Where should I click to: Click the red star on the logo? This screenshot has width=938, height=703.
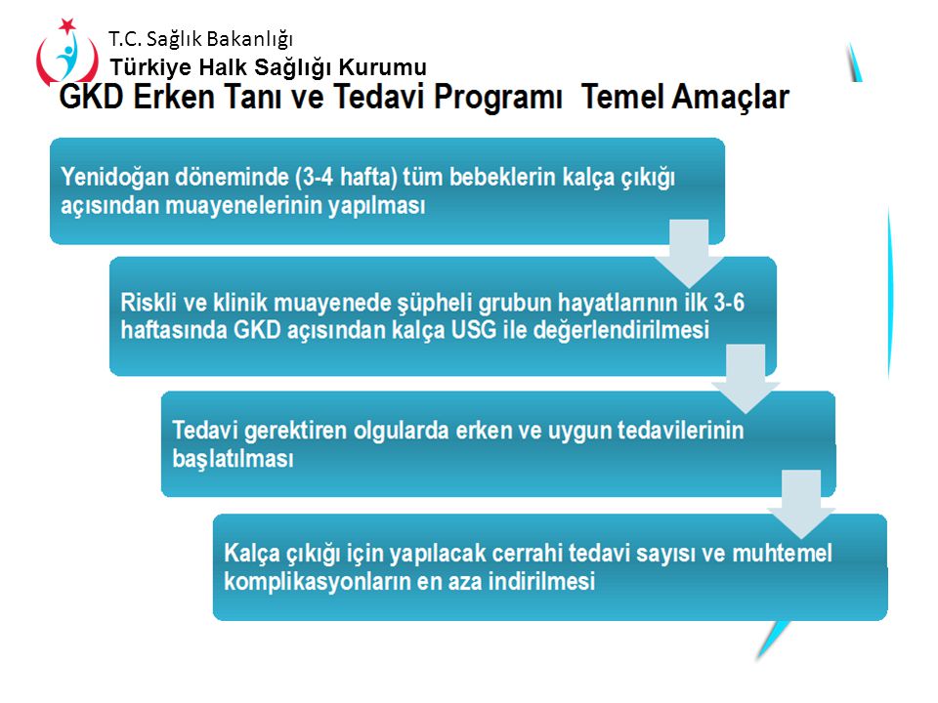pyautogui.click(x=67, y=25)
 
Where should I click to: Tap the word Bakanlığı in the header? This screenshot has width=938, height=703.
pyautogui.click(x=251, y=39)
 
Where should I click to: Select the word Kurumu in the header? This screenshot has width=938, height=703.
pyautogui.click(x=383, y=67)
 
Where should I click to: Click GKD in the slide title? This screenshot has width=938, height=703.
pyautogui.click(x=92, y=97)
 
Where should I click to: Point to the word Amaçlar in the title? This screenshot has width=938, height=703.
pyautogui.click(x=685, y=98)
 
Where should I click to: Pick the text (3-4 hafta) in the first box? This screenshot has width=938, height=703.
pyautogui.click(x=346, y=177)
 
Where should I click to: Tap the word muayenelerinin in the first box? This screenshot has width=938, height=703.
pyautogui.click(x=243, y=206)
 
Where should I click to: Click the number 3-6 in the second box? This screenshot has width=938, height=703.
pyautogui.click(x=729, y=303)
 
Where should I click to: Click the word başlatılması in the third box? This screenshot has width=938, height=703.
pyautogui.click(x=233, y=459)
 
